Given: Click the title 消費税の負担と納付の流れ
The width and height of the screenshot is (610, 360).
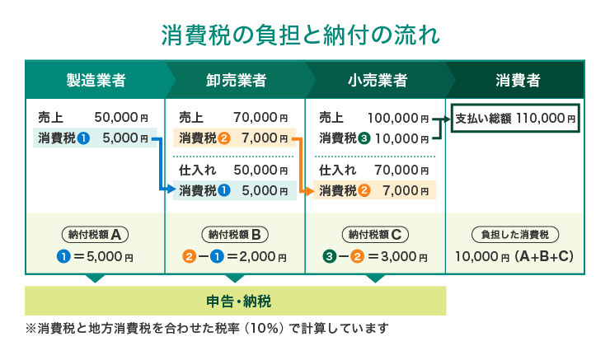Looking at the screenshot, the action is tap(300, 35).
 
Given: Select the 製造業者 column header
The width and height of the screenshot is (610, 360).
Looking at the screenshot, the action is tap(96, 80).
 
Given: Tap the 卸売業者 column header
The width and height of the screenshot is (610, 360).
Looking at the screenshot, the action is tap(236, 80).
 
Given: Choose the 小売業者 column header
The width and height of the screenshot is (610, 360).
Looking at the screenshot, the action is tap(377, 80).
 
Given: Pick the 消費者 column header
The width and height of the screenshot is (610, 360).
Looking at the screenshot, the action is tap(518, 80).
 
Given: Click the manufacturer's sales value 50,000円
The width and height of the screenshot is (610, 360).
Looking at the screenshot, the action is tap(121, 117).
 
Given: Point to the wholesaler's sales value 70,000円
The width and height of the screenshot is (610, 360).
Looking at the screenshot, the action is tap(260, 117).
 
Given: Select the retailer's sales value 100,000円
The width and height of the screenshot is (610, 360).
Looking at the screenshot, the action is tap(398, 118).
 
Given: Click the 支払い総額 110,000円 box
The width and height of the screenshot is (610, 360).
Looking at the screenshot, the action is tap(515, 118).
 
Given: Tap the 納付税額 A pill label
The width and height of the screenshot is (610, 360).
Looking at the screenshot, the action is tap(95, 235).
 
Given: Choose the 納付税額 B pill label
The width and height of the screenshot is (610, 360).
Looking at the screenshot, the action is tap(235, 235).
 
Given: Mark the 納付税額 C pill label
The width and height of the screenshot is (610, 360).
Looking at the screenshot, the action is tap(375, 235).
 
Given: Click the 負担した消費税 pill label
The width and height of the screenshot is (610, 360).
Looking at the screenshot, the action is tap(515, 235).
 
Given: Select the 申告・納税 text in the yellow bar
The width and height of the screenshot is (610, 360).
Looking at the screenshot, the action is tap(238, 302).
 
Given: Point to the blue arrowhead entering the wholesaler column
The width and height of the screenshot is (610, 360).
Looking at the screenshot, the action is tap(171, 189).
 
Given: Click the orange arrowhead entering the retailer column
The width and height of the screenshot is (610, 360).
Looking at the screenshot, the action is tap(310, 191).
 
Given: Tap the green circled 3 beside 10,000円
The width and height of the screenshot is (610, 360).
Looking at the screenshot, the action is tap(364, 138).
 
